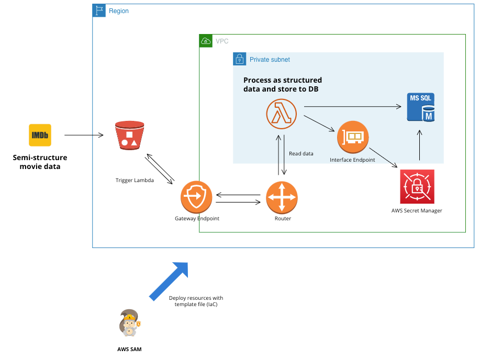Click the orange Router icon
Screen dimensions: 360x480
(x=282, y=197)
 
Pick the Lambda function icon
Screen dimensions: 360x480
(x=281, y=114)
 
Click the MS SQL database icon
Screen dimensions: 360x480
(x=421, y=107)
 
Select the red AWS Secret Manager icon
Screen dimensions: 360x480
(x=417, y=187)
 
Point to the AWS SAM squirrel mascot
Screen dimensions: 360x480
(x=129, y=324)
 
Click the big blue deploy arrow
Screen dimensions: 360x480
(x=169, y=280)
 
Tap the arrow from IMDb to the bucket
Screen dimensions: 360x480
(x=84, y=136)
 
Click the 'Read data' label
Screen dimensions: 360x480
(x=301, y=154)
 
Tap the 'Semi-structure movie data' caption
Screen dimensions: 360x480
(x=40, y=162)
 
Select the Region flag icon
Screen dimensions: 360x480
(x=99, y=10)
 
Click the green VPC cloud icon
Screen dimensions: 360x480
(x=206, y=41)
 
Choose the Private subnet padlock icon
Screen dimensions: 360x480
(x=239, y=59)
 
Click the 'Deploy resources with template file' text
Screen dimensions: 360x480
(x=196, y=301)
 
